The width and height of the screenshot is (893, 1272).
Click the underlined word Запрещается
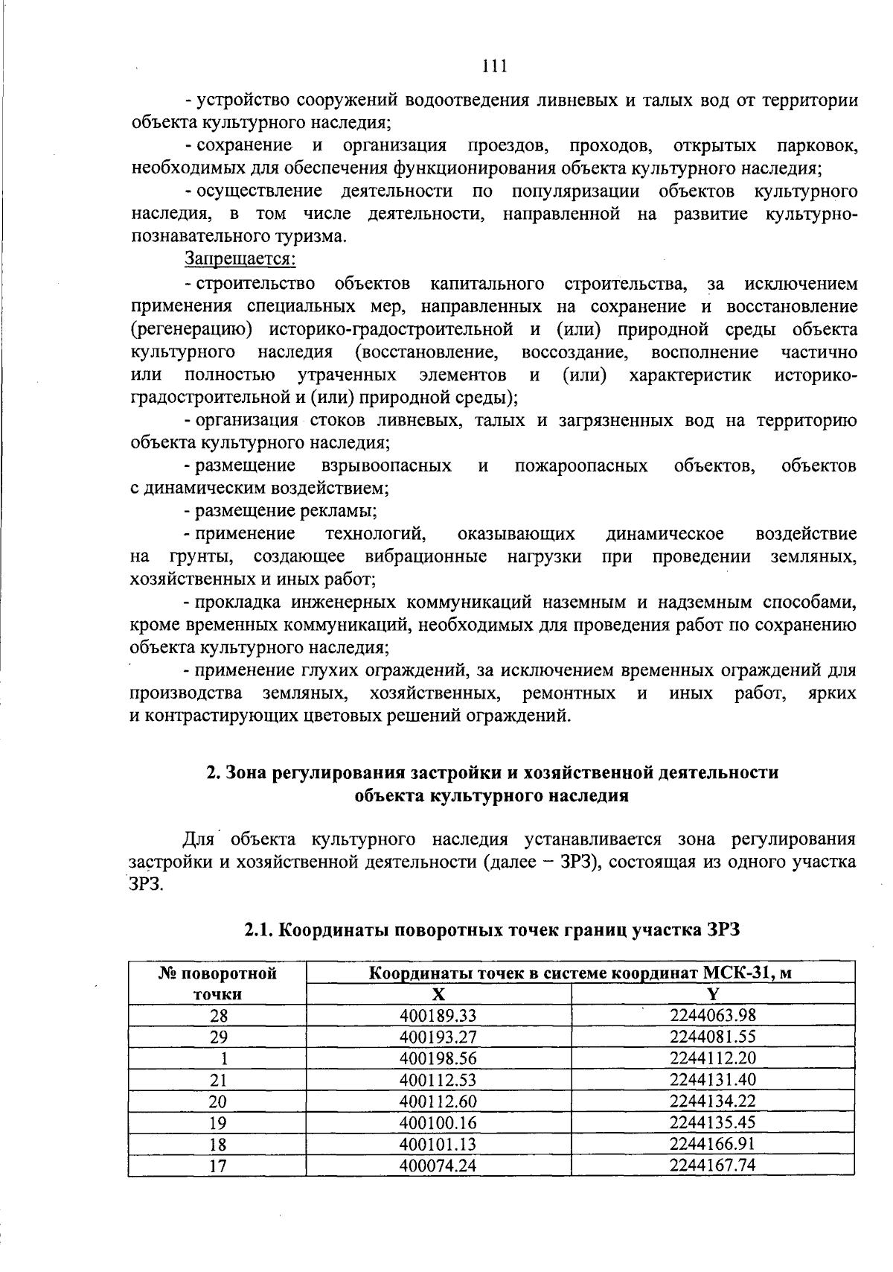coord(240,260)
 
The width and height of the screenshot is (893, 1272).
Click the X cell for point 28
coord(438,1016)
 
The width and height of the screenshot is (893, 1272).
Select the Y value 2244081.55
coord(712,1037)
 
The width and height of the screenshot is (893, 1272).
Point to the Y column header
coord(712,994)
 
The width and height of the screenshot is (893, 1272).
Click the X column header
coord(438,994)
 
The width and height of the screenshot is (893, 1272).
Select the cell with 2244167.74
coord(712,1166)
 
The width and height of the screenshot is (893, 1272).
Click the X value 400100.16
coord(438,1122)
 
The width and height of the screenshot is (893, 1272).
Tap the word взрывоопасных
coord(386,466)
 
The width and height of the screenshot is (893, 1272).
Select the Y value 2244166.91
coord(712,1144)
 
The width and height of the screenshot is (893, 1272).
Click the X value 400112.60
coord(438,1101)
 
